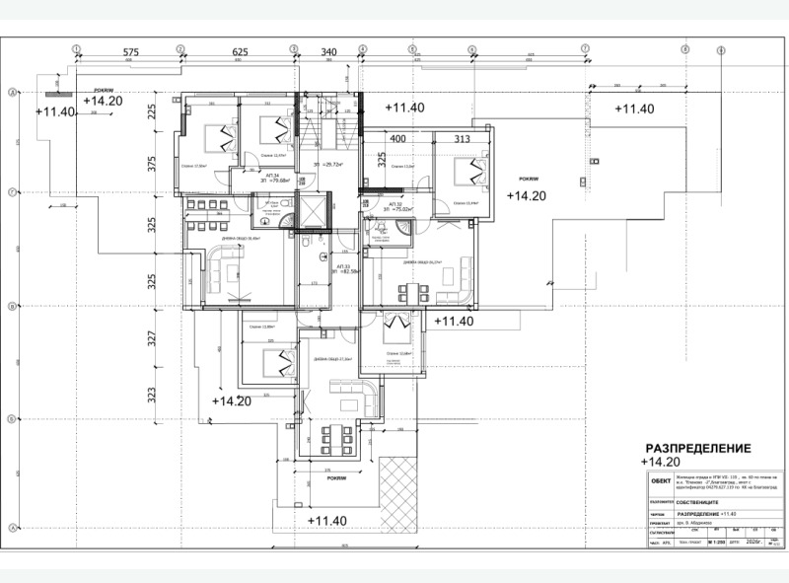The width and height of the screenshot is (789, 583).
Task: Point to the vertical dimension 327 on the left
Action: pyautogui.click(x=152, y=341)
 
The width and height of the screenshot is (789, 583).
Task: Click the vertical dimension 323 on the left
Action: pyautogui.click(x=152, y=397)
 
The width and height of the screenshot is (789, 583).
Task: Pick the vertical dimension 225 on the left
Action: pyautogui.click(x=152, y=111)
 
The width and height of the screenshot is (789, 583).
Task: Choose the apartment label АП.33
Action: pyautogui.click(x=343, y=267)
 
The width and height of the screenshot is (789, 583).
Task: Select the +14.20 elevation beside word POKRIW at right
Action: pyautogui.click(x=526, y=195)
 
